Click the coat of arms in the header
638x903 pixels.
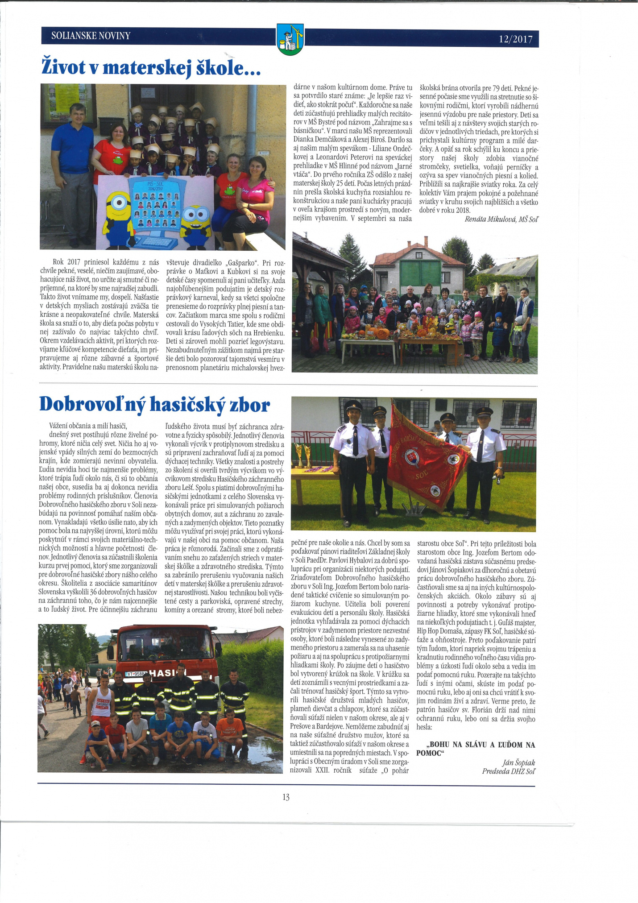pyautogui.click(x=290, y=39)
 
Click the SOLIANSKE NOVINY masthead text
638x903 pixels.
pyautogui.click(x=91, y=36)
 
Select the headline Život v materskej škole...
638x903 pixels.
pyautogui.click(x=151, y=68)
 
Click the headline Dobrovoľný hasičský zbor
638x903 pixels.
pyautogui.click(x=154, y=404)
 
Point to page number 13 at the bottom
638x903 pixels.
pyautogui.click(x=286, y=797)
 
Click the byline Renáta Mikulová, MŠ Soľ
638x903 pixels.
pyautogui.click(x=501, y=219)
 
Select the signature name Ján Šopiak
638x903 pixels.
pyautogui.click(x=518, y=762)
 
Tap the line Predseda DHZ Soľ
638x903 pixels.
pyautogui.click(x=508, y=771)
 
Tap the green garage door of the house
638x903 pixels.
pyautogui.click(x=421, y=273)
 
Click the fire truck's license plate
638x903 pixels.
pyautogui.click(x=136, y=674)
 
